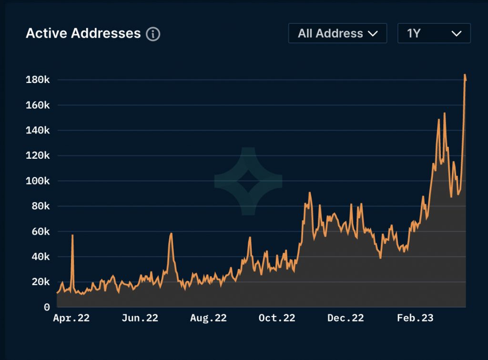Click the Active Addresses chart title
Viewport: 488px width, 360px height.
coord(83,33)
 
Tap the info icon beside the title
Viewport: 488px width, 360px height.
coord(153,34)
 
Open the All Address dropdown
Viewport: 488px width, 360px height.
coord(337,33)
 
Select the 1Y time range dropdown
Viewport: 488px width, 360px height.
coord(434,33)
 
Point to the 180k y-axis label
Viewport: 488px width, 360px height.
coord(37,80)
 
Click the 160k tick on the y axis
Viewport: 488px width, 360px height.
coord(37,105)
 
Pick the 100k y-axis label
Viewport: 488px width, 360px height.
coord(37,181)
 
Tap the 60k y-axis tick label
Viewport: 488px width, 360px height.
coord(41,232)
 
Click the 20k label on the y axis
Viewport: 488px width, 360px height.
coord(41,282)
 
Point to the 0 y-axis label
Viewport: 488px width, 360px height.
coord(47,308)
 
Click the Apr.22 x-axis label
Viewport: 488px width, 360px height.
coord(71,318)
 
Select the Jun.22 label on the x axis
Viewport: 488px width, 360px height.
coord(140,318)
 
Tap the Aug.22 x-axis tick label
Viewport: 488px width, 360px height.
coord(208,318)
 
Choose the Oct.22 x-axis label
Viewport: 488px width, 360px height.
coord(277,318)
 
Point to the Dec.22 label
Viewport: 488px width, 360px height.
coord(346,318)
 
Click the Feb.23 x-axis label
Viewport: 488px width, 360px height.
coord(415,318)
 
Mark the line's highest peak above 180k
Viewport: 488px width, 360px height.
coord(465,75)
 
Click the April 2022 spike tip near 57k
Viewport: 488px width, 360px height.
coord(72,235)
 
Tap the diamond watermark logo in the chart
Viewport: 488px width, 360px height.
coord(248,181)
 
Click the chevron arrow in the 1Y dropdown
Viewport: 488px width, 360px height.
coord(456,33)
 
